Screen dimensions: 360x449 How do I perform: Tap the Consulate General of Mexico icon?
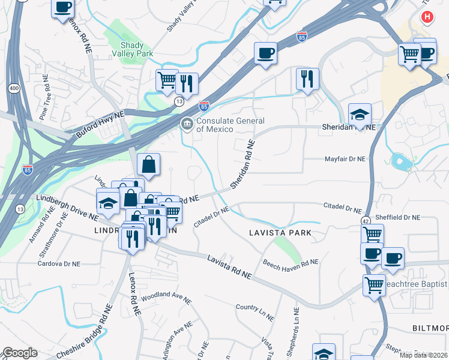coord(187,124)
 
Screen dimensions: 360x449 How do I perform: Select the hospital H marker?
coord(427,17)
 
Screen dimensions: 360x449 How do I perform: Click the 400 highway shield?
coord(13,88)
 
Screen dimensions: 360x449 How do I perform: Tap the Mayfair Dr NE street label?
coord(345,159)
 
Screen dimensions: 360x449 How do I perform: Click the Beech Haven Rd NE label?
coord(291,262)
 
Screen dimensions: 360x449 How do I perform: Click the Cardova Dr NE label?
coord(58,263)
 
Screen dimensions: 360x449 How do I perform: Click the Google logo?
coord(20,353)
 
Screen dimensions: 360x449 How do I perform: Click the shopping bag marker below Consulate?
coord(148,164)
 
